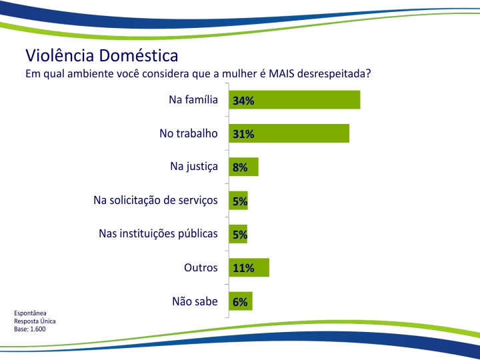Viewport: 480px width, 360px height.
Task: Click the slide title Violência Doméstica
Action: click(x=101, y=55)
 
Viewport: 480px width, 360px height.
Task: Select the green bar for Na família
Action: click(x=295, y=99)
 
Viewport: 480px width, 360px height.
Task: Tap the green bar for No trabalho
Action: click(x=289, y=133)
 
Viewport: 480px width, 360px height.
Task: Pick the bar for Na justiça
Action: click(x=244, y=167)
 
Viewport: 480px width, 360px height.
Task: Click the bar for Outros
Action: click(x=249, y=267)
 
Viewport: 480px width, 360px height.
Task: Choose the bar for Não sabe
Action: click(x=241, y=301)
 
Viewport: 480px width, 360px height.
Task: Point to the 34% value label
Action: click(x=243, y=101)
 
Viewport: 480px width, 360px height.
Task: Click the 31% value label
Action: click(x=243, y=134)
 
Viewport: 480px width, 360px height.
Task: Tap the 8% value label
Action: click(x=240, y=168)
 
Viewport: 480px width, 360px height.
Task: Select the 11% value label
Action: click(x=243, y=269)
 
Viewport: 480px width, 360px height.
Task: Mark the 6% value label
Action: click(x=240, y=302)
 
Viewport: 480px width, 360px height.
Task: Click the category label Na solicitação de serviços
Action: click(x=155, y=201)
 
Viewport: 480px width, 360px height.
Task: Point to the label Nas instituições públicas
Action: click(x=158, y=234)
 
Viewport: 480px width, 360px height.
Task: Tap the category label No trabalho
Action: click(x=189, y=133)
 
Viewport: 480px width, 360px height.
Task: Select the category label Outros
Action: click(x=201, y=267)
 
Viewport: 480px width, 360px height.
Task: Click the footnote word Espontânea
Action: click(x=30, y=313)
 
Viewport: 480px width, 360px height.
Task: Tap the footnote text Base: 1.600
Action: click(x=30, y=329)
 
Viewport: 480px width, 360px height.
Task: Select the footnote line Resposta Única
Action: click(x=35, y=321)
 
